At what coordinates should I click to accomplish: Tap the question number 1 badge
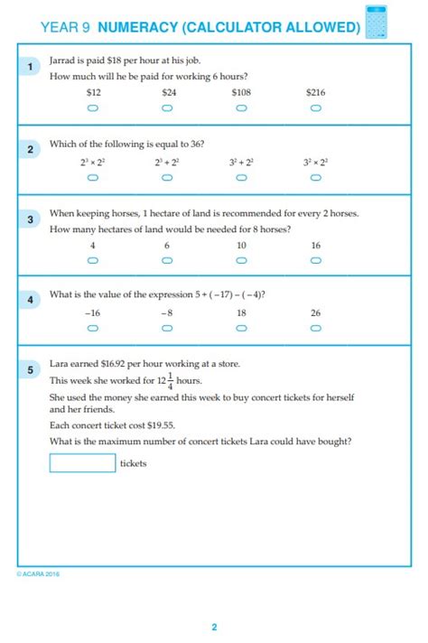[30, 67]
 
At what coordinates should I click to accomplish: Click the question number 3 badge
[30, 219]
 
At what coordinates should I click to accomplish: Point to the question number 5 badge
[30, 369]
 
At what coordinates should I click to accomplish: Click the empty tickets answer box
[82, 463]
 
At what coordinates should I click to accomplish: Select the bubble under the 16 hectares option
[315, 260]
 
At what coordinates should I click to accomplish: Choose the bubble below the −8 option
[167, 329]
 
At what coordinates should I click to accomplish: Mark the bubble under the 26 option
[315, 329]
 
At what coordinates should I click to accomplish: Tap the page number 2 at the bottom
[214, 627]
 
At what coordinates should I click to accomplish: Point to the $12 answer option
[92, 92]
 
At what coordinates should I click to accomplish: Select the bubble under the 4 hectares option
[92, 260]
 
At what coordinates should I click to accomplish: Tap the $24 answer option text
[167, 92]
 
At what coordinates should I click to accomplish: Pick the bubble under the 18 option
[241, 329]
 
